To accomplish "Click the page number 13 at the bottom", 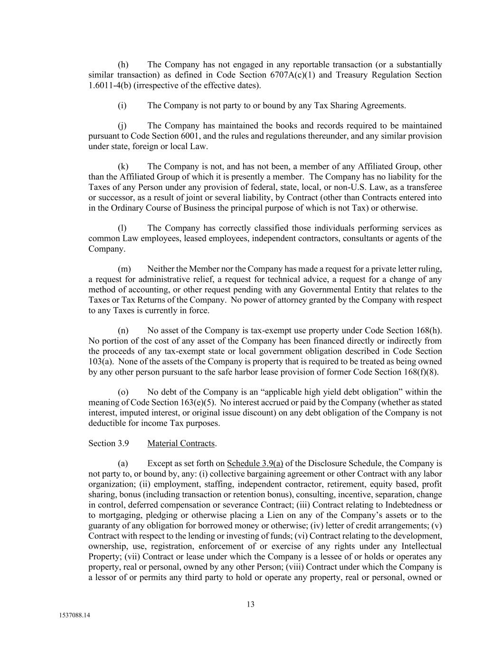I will point(250,604).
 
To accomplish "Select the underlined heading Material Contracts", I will point(181,443).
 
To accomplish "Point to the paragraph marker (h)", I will point(123,65).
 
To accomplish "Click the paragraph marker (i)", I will point(122,105).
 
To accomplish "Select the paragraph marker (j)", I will point(122,126).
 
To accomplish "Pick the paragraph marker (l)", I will point(122,228).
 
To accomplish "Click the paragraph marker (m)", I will point(124,269).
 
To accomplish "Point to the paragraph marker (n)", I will point(123,330).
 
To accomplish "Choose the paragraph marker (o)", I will point(123,392).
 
